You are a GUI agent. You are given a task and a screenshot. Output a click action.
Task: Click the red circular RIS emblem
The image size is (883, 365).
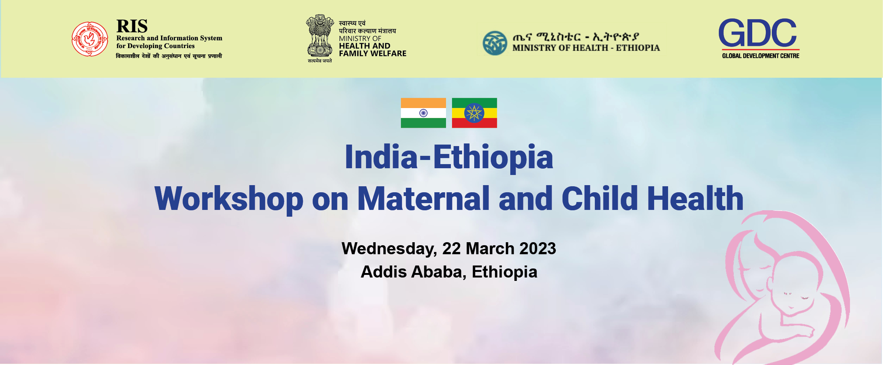coord(90,39)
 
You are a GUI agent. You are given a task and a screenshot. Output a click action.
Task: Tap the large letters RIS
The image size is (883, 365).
coord(132,26)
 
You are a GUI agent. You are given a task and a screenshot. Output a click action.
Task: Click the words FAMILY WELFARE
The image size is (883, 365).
coord(372,54)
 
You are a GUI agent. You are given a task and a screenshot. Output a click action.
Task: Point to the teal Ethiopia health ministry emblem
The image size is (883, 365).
coord(495,43)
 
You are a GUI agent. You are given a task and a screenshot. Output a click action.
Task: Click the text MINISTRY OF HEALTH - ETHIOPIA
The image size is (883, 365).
coord(586,48)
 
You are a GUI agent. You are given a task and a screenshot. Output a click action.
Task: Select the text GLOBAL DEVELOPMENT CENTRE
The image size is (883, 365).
coord(761,56)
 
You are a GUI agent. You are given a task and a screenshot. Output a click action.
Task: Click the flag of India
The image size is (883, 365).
coord(423,113)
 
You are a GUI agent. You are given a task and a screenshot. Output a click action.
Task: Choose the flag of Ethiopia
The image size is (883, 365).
coord(475,113)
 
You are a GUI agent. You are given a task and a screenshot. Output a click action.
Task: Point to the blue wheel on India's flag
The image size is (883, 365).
coord(423,113)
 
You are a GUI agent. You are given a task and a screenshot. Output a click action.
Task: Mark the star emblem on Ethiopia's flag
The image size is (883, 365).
coord(474,113)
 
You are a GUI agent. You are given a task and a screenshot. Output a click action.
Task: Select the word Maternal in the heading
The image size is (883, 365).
coord(423,198)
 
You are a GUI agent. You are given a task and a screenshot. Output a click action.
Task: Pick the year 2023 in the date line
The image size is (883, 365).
coord(538,249)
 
